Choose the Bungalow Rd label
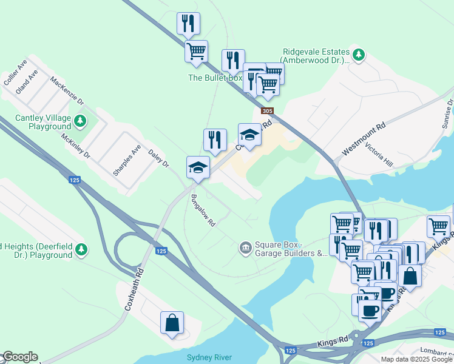coord(203,211)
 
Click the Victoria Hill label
coord(379,157)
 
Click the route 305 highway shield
coord(267,111)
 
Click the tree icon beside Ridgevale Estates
coord(359,56)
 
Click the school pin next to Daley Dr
coord(198,167)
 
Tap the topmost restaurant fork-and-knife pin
coord(188,23)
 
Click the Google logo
coord(19,357)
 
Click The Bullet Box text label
coord(215,78)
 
